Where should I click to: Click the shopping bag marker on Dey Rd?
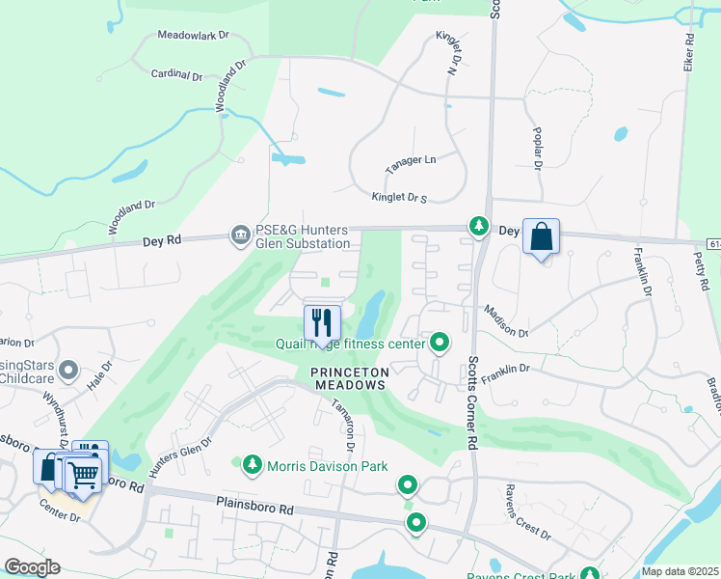tap(541, 236)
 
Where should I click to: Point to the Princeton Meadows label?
tap(349, 377)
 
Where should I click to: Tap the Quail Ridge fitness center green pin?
tap(440, 342)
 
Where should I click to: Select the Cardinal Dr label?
tap(177, 74)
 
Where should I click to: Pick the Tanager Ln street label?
tap(411, 164)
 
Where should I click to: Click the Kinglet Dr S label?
tap(399, 198)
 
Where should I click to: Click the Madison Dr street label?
tap(506, 321)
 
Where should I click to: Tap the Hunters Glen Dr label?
tap(180, 455)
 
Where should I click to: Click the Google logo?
tap(32, 567)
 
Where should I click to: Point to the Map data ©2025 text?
tap(681, 571)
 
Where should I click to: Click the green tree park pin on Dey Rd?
tap(477, 225)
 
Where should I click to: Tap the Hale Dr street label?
tap(100, 372)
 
